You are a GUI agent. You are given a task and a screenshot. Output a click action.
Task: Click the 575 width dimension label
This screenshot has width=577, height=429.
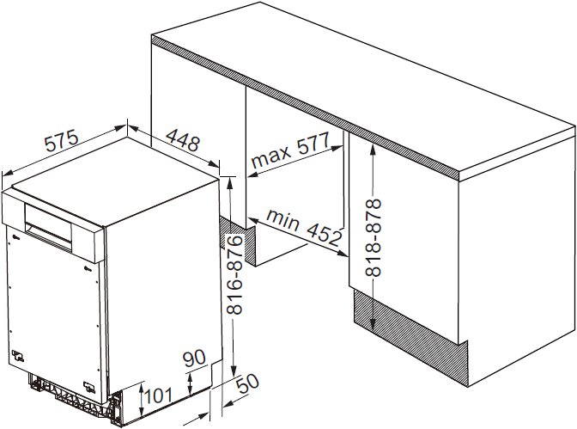pos(62,140)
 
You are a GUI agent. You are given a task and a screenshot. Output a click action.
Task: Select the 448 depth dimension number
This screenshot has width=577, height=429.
pos(183,139)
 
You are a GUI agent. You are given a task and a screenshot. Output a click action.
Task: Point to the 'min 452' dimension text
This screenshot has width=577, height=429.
pos(304,228)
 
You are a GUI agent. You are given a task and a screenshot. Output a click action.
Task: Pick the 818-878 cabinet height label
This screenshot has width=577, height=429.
pos(373,238)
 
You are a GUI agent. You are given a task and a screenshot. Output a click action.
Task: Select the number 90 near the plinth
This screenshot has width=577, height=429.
pos(194,359)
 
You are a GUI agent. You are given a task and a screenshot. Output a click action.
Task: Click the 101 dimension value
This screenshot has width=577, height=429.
pos(158,395)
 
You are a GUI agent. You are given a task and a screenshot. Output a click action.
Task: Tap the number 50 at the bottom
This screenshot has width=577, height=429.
pos(247,383)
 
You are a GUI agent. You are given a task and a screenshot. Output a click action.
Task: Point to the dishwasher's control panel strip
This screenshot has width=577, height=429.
pos(52,225)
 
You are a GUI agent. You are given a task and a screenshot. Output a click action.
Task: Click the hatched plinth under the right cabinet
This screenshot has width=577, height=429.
pos(410,337)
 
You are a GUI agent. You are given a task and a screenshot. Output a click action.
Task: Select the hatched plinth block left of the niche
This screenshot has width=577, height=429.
pos(237,241)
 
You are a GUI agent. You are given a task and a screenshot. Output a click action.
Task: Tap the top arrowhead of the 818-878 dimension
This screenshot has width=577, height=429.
pos(373,149)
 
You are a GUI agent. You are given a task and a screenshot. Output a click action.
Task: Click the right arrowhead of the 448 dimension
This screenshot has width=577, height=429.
pos(215,164)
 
